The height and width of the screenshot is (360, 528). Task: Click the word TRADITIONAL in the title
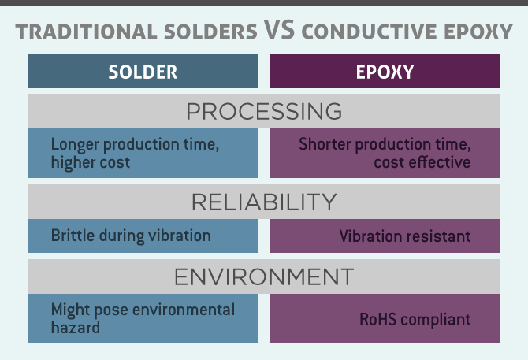click(x=86, y=32)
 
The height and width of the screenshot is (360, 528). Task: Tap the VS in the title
click(x=279, y=30)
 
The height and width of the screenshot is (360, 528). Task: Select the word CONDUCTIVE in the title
click(x=370, y=32)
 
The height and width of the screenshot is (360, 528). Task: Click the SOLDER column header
click(x=143, y=72)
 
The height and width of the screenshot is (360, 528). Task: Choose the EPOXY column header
click(x=385, y=72)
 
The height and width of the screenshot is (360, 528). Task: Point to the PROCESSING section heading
click(x=264, y=111)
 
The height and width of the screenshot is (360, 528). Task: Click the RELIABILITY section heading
click(x=264, y=202)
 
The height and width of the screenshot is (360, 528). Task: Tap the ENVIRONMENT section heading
click(x=264, y=277)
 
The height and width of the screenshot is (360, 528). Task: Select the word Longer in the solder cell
click(x=75, y=145)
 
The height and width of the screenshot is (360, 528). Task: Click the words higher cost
click(x=91, y=162)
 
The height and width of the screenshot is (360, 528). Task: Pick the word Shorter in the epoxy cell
click(x=325, y=144)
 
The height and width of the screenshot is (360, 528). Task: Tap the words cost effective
click(x=422, y=162)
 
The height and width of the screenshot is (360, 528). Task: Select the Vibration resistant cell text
click(x=405, y=236)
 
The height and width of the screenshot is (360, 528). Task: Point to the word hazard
click(x=76, y=328)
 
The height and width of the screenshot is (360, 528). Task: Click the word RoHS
click(x=377, y=319)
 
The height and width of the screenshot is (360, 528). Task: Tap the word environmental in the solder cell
click(x=184, y=310)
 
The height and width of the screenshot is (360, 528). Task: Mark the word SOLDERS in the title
click(x=210, y=32)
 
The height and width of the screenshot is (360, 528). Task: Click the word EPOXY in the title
click(x=478, y=32)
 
